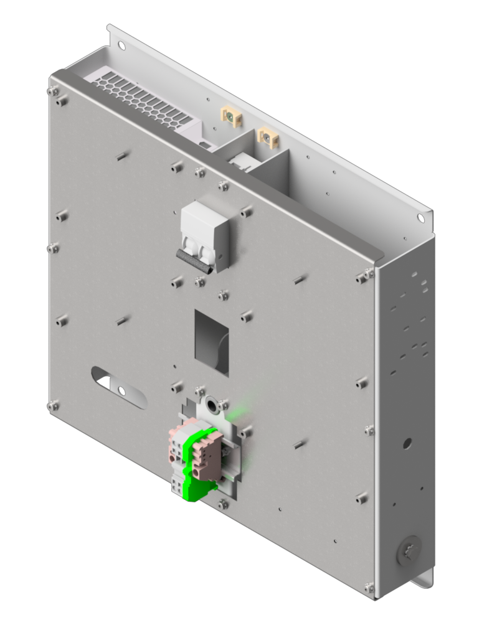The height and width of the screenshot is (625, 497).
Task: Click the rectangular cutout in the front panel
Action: [212, 342]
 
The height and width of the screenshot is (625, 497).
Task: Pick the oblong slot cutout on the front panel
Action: [118, 387]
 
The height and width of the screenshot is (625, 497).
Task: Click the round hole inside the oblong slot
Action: [122, 391]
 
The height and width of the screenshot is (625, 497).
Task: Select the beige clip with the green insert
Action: [230, 115]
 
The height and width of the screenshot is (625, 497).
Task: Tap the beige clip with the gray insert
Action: [268, 137]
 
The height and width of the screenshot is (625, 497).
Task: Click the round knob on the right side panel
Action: [409, 551]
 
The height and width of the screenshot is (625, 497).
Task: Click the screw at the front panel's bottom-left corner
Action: [53, 406]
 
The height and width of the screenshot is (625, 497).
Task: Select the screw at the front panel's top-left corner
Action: [53, 92]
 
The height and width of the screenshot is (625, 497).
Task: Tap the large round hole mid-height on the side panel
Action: [407, 443]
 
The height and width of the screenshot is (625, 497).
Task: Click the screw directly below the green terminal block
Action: [222, 502]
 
